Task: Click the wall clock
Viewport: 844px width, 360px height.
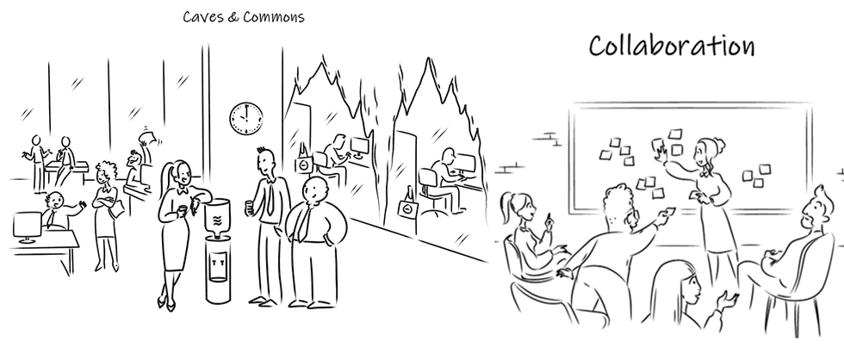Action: pos(245,118)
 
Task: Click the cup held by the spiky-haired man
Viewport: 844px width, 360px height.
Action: pos(250,206)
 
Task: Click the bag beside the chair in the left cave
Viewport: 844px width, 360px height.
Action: pos(303,161)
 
